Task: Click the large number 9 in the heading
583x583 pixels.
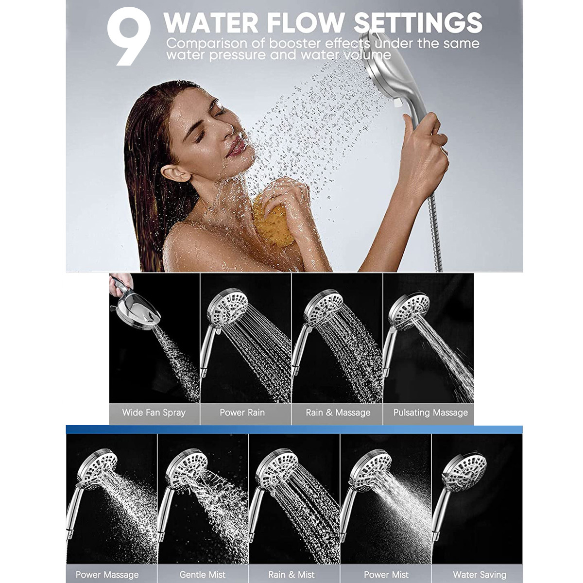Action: [x=129, y=36]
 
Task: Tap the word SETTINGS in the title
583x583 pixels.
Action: [x=418, y=22]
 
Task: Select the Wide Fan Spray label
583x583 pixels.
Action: [x=154, y=413]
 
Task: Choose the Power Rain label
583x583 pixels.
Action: [x=242, y=412]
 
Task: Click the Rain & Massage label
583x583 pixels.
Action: [x=338, y=412]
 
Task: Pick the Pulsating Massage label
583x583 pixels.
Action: [x=430, y=413]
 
